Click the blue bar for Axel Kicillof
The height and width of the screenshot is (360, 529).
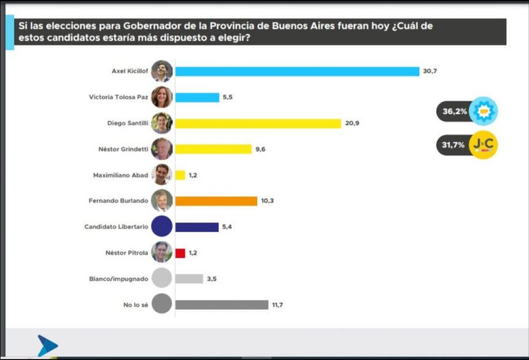(x=297, y=71)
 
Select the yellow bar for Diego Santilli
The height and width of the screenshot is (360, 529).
(x=258, y=123)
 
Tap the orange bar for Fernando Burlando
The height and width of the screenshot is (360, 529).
(x=216, y=201)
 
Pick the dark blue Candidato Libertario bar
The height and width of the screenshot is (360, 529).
(x=197, y=227)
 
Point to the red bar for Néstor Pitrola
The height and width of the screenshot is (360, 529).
(x=180, y=253)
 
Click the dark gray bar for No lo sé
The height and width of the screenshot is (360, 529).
(x=222, y=305)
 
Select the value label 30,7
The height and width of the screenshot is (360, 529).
(x=430, y=71)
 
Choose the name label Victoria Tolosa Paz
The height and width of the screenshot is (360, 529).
(x=118, y=97)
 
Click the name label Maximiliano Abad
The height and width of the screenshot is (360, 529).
(x=120, y=175)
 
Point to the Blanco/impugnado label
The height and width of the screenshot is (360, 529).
(x=118, y=279)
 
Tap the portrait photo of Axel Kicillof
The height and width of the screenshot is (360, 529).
(x=161, y=71)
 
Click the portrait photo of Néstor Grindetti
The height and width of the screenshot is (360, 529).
(x=161, y=149)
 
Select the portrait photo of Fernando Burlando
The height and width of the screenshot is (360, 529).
(x=161, y=201)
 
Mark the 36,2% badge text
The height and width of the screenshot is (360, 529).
(x=454, y=112)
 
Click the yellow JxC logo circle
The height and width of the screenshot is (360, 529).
(x=483, y=145)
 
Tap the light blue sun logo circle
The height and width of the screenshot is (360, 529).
(x=483, y=112)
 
